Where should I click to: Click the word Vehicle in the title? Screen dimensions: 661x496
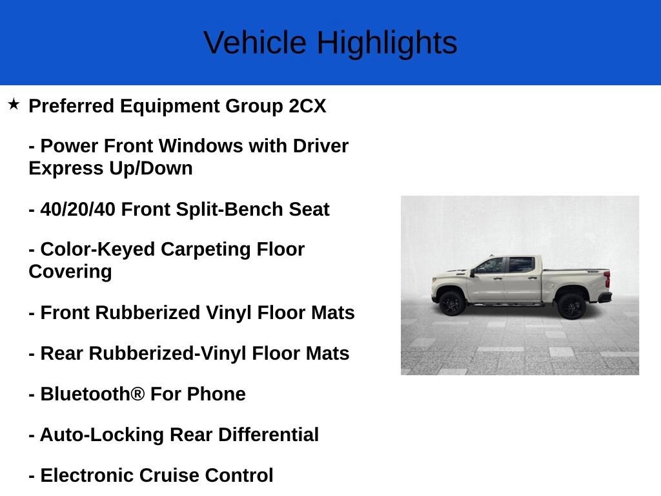pos(255,43)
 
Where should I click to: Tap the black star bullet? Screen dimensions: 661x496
pos(14,104)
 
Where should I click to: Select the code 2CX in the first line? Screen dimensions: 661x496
pos(307,106)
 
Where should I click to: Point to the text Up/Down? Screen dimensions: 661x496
pos(151,169)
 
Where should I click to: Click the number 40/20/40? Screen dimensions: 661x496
pos(77,210)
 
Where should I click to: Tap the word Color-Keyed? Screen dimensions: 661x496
pos(97,250)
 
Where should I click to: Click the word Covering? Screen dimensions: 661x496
pos(70,272)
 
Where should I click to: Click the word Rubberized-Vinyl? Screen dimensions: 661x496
pos(167,354)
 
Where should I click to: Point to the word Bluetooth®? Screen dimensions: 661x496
pos(92,394)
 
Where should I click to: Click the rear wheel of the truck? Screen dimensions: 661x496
pos(571,306)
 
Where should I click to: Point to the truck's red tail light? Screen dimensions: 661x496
pos(607,279)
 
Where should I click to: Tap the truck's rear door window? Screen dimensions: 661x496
pos(521,265)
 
